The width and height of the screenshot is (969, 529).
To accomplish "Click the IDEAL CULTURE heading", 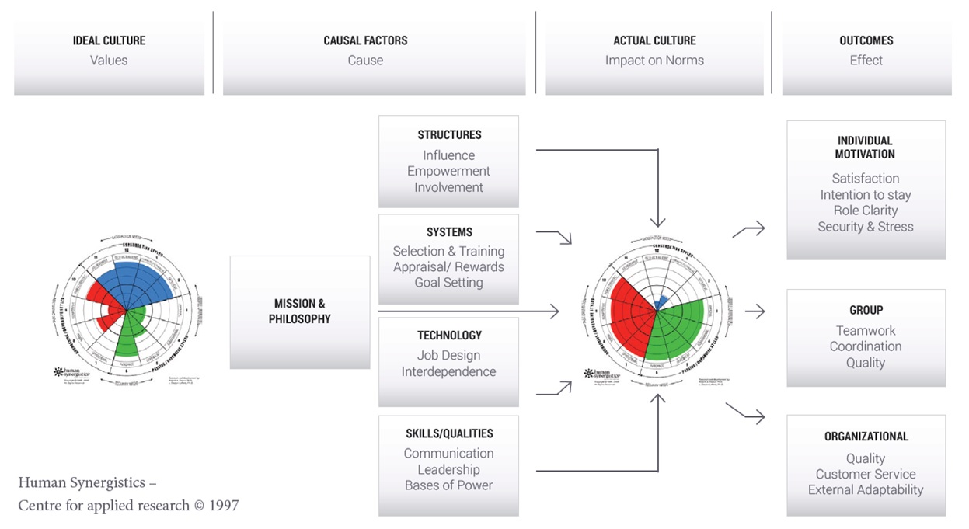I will (109, 40).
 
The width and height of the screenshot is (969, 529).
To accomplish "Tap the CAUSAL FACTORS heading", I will (365, 40).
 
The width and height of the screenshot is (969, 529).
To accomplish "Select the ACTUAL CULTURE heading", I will (654, 40).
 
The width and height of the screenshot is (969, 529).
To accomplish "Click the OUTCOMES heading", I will (866, 40).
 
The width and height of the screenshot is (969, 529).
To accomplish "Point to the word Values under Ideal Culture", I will (109, 60).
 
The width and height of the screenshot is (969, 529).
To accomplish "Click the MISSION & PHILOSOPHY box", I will (300, 311).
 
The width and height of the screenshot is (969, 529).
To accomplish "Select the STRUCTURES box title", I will (449, 135).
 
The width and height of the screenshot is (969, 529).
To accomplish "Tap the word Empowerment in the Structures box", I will (449, 171).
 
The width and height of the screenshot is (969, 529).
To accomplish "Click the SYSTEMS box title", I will (449, 232).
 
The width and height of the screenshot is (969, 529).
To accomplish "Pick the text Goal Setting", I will (449, 283).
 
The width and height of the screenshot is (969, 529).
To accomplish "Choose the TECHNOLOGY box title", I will (449, 336).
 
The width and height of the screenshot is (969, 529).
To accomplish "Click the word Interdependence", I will (449, 371).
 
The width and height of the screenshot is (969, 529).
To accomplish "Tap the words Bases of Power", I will (449, 485).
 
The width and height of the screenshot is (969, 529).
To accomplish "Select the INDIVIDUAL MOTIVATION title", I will (866, 148).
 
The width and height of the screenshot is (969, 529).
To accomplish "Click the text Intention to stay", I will (866, 195).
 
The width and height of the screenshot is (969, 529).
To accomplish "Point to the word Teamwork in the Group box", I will (866, 330).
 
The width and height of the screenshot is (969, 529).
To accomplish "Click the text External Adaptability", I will (866, 490).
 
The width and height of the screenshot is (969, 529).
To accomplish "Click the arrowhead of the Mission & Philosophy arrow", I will (555, 311).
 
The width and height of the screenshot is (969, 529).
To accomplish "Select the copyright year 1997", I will (225, 506).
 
